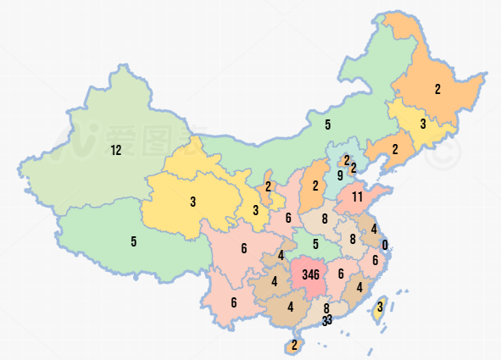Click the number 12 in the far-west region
pyautogui.click(x=116, y=151)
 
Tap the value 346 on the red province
pyautogui.click(x=310, y=274)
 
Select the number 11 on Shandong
pyautogui.click(x=358, y=197)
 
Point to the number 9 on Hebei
pyautogui.click(x=339, y=176)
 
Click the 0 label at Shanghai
pyautogui.click(x=385, y=246)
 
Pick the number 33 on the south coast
pyautogui.click(x=327, y=320)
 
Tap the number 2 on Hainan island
pyautogui.click(x=294, y=345)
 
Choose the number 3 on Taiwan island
pyautogui.click(x=380, y=307)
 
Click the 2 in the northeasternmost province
pyautogui.click(x=438, y=89)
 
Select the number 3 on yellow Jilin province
pyautogui.click(x=422, y=124)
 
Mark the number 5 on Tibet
pyautogui.click(x=133, y=241)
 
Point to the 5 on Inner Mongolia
pyautogui.click(x=327, y=125)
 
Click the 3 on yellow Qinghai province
pyautogui.click(x=193, y=202)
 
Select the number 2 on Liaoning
pyautogui.click(x=395, y=149)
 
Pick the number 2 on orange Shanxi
pyautogui.click(x=315, y=186)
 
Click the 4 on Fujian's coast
pyautogui.click(x=359, y=287)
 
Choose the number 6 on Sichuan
pyautogui.click(x=243, y=248)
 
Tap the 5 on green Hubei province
pyautogui.click(x=315, y=245)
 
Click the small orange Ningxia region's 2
pyautogui.click(x=268, y=186)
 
